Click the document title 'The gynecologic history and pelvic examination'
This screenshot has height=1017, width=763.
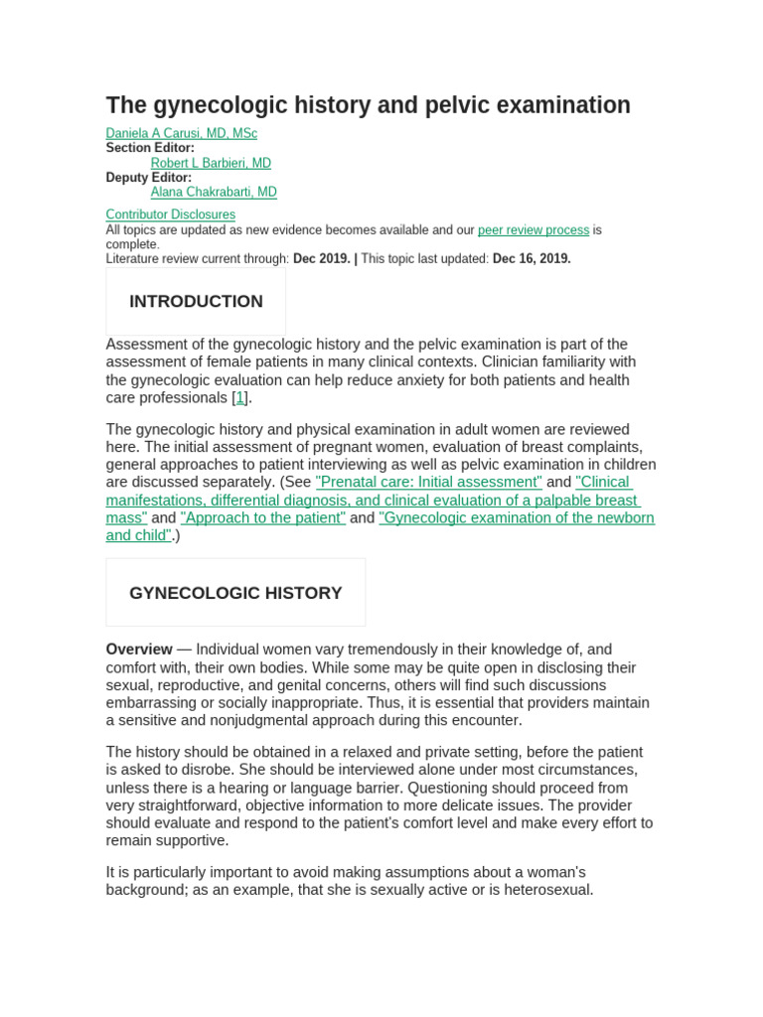tap(368, 105)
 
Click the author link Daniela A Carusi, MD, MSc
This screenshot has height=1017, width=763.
tap(181, 133)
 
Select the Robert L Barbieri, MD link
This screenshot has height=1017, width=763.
tap(211, 163)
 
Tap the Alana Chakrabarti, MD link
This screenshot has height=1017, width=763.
tap(214, 192)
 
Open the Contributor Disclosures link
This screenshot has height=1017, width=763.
tap(170, 215)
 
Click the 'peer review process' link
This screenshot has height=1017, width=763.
tap(534, 229)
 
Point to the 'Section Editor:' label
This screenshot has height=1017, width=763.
tap(150, 148)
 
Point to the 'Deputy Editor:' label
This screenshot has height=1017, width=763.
tap(149, 178)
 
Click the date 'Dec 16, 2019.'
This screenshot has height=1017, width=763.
tap(532, 258)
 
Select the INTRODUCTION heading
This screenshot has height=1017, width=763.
tap(196, 302)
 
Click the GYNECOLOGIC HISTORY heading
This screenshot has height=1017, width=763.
tap(235, 593)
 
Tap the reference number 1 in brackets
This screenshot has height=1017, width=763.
tap(239, 397)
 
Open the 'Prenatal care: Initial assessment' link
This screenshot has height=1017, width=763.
tap(428, 482)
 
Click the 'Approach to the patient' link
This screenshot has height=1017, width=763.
tap(263, 517)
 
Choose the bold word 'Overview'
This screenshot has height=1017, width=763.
tap(139, 650)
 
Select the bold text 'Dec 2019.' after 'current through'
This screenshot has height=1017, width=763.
tap(321, 258)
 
